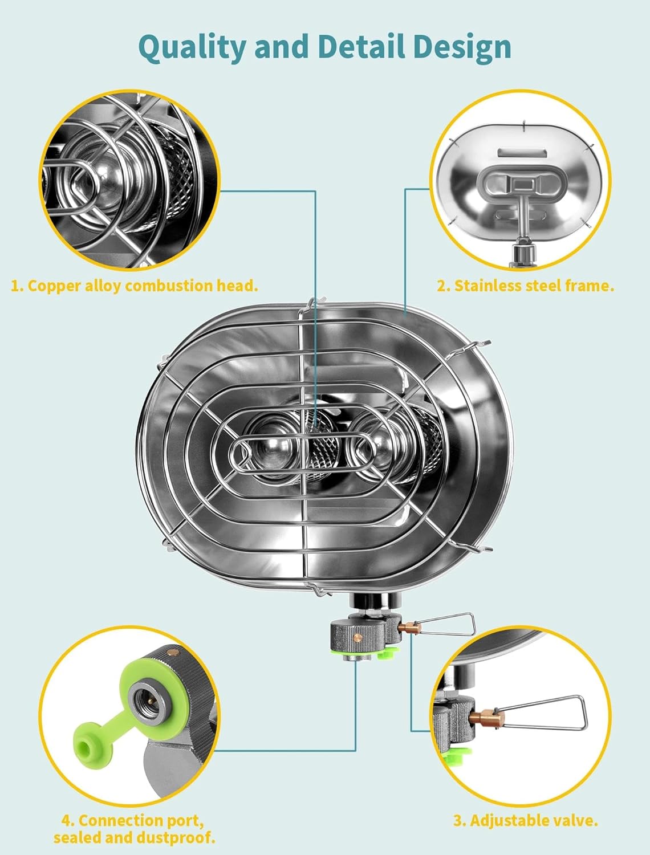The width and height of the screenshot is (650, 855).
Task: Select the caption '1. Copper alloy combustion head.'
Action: tap(135, 286)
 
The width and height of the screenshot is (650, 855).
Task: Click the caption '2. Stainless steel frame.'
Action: tap(525, 286)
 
